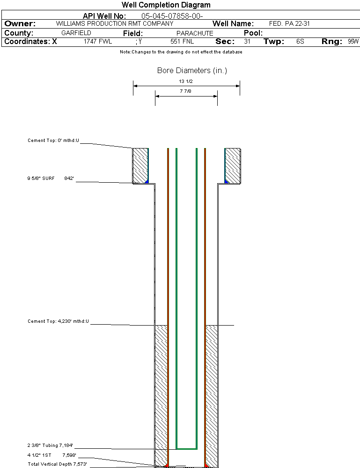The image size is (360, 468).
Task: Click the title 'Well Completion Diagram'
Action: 166,5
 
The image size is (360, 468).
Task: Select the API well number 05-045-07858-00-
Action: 172,16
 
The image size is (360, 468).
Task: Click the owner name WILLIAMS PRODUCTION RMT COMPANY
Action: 115,23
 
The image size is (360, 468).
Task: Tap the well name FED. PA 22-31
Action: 290,23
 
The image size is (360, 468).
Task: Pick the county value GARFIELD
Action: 76,33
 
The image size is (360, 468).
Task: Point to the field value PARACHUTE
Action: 195,33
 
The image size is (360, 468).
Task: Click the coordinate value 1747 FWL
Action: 98,42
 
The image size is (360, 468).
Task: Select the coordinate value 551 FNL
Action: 182,42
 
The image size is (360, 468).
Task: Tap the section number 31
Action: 247,42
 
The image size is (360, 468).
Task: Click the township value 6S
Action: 300,42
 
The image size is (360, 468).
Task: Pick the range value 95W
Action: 353,42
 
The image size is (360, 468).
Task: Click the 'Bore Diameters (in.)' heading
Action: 192,71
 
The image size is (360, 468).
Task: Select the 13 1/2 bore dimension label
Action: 186,81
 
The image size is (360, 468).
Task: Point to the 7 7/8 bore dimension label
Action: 186,91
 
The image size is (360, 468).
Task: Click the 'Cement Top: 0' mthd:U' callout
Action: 53,140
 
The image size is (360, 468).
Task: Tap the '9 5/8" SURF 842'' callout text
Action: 51,178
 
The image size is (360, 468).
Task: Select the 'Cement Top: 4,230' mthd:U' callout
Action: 58,321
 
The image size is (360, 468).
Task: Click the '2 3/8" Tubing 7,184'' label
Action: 50,446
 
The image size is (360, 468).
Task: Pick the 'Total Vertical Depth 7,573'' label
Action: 57,464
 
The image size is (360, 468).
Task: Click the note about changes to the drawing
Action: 181,52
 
